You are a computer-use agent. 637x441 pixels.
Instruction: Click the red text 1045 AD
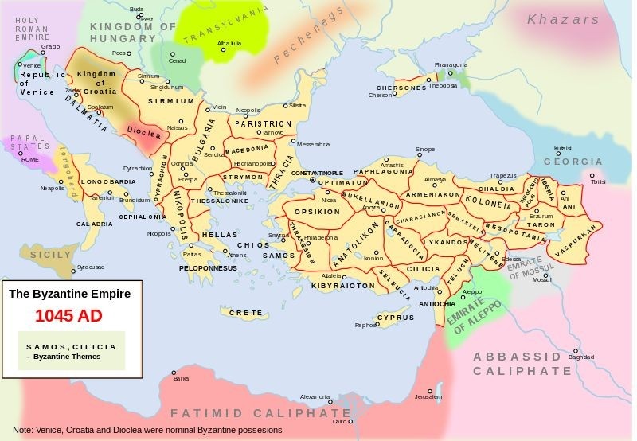pyautogui.click(x=68, y=316)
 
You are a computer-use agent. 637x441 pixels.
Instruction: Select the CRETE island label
pyautogui.click(x=245, y=313)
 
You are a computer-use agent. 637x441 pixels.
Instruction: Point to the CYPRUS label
pyautogui.click(x=395, y=318)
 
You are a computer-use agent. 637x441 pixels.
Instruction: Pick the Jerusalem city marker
pyautogui.click(x=430, y=390)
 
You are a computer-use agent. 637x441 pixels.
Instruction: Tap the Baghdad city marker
pyautogui.click(x=581, y=349)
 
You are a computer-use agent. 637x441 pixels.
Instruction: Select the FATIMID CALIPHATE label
pyautogui.click(x=260, y=413)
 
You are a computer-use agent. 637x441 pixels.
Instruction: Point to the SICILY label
pyautogui.click(x=51, y=255)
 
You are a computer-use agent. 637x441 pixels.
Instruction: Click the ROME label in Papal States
pyautogui.click(x=30, y=159)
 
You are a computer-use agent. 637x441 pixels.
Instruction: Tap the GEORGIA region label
pyautogui.click(x=573, y=162)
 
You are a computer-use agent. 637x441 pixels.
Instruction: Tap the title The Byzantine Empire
pyautogui.click(x=69, y=294)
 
